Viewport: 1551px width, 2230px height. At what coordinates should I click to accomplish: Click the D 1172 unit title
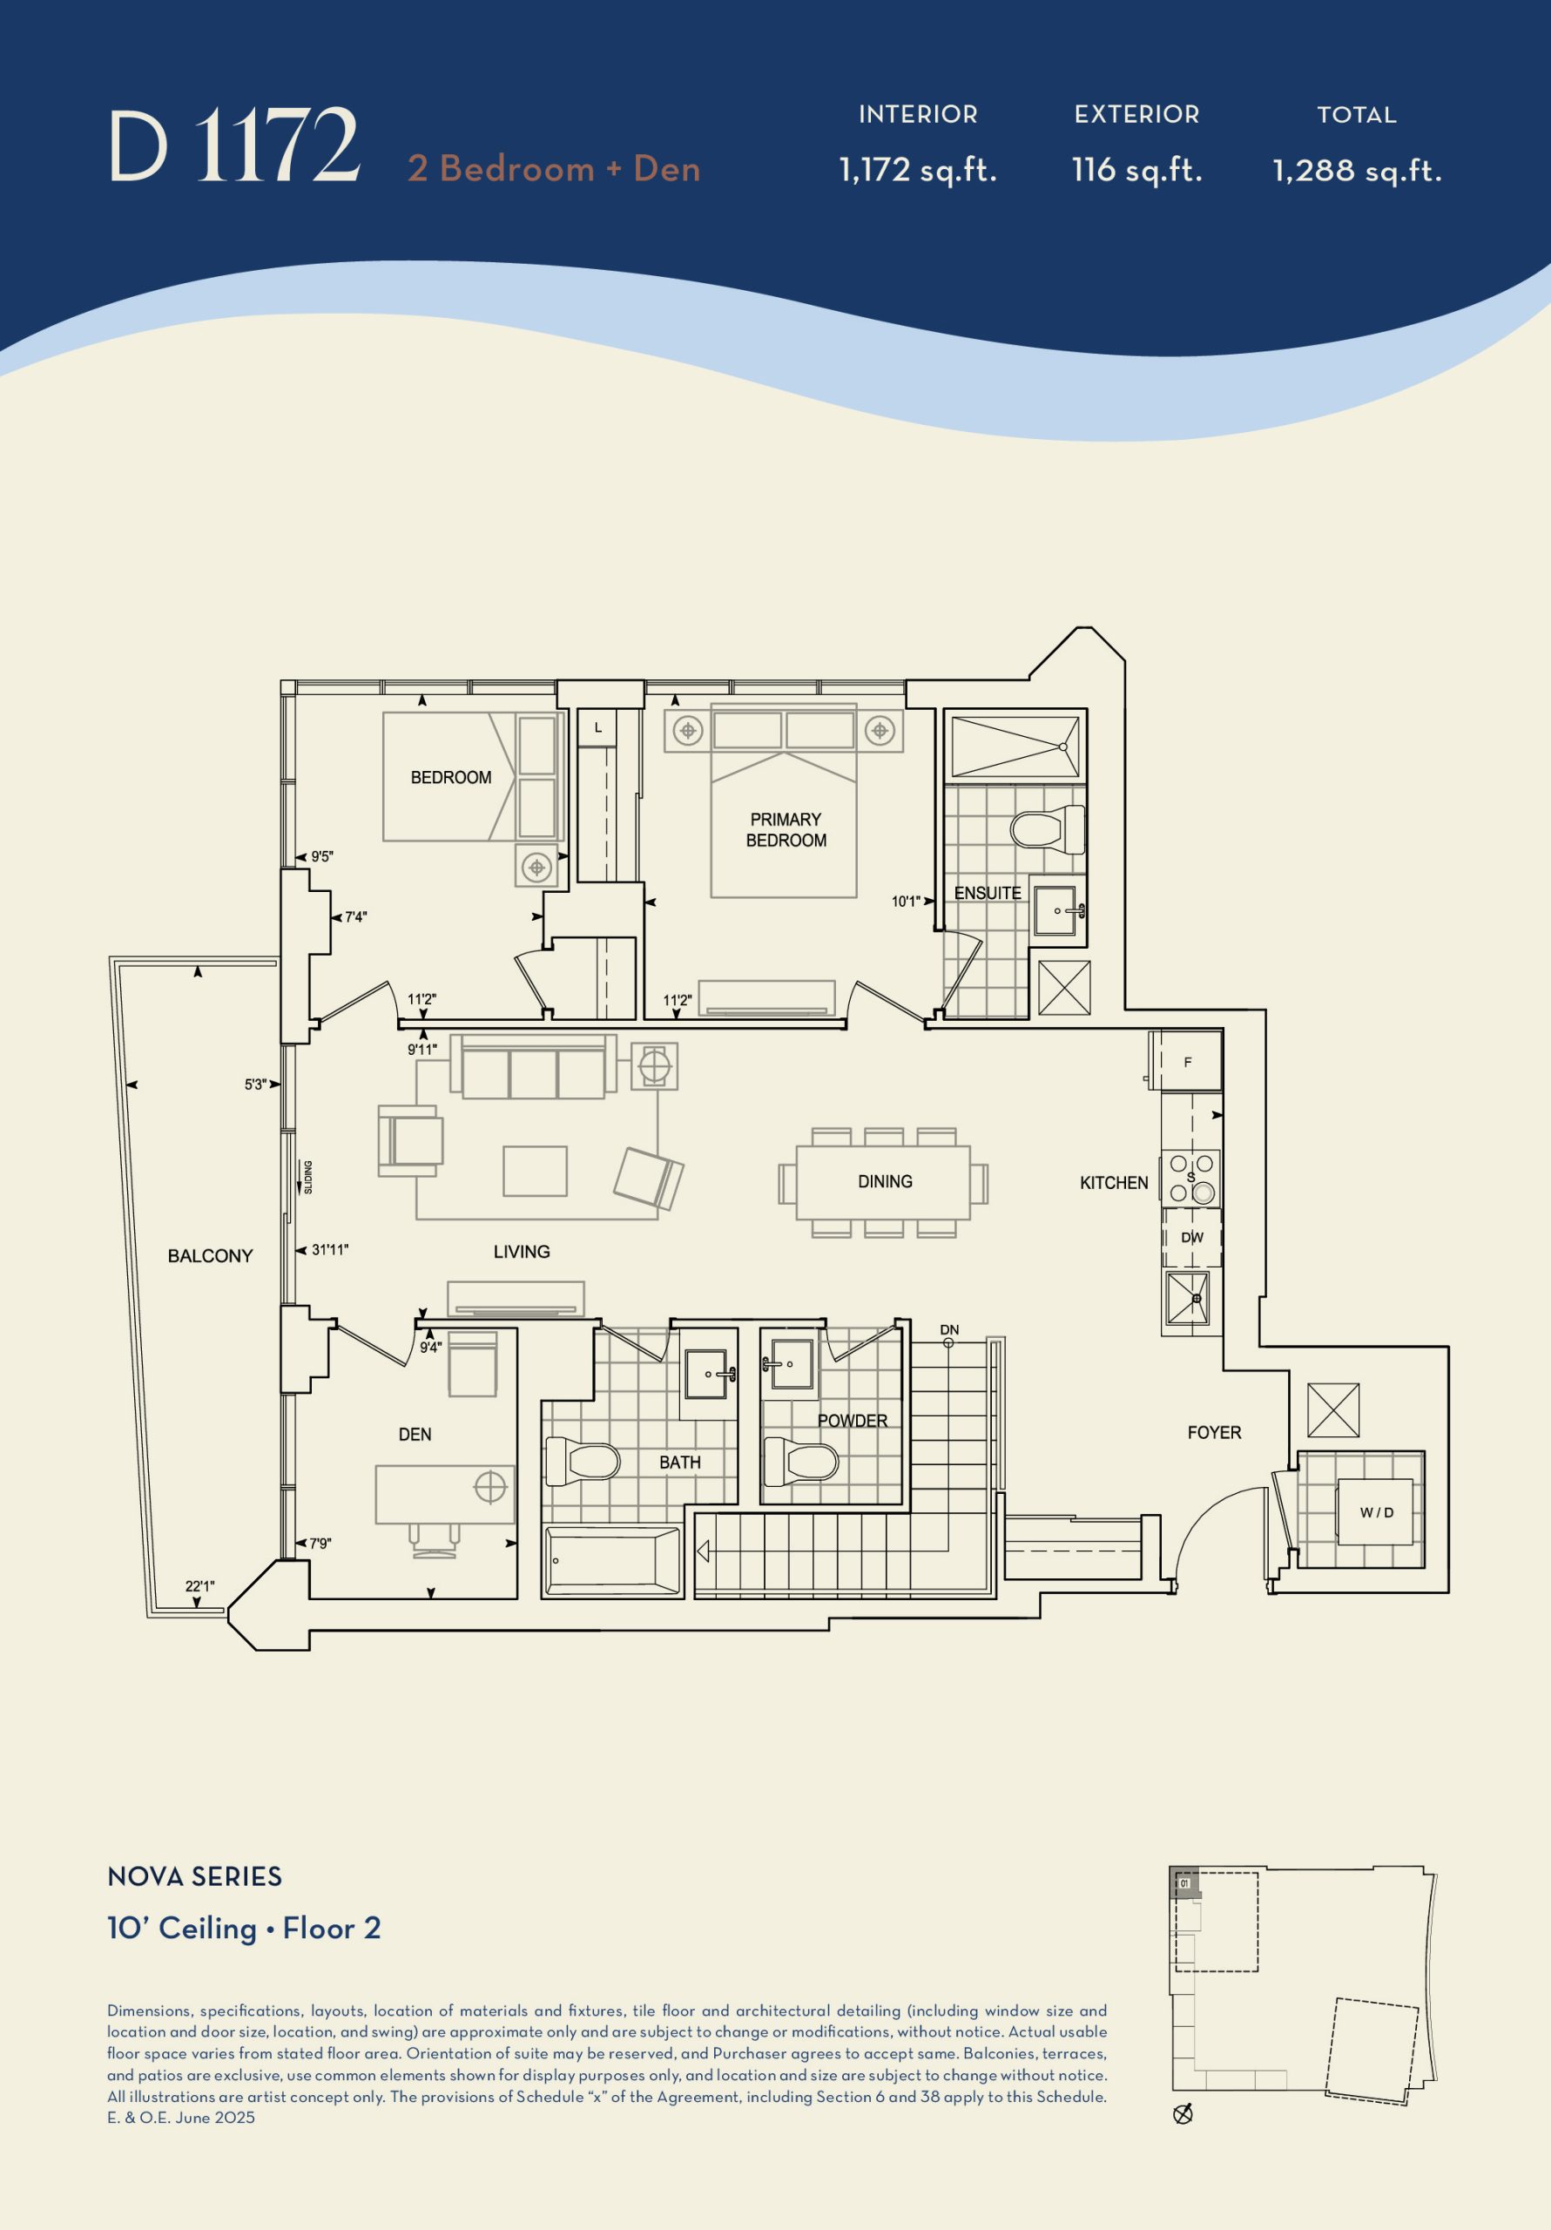click(234, 145)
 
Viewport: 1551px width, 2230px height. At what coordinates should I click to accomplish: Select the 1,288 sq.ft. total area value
click(1357, 171)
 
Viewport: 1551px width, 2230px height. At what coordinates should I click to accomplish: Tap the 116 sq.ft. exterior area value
click(1136, 171)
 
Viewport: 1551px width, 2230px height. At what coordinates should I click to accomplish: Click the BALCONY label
click(210, 1256)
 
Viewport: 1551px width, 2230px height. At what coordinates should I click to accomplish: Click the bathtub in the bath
click(614, 1562)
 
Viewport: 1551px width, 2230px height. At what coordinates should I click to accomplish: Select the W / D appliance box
click(1376, 1512)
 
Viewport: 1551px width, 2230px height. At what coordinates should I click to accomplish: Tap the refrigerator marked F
click(1186, 1062)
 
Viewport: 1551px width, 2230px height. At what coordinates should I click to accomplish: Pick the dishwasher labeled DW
click(1191, 1237)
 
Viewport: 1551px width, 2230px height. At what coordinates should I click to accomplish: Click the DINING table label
click(885, 1181)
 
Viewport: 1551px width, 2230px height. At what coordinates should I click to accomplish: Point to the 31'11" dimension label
click(330, 1250)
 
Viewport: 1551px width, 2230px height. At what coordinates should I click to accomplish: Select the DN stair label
click(949, 1329)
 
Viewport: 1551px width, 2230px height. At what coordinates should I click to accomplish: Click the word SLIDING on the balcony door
click(308, 1177)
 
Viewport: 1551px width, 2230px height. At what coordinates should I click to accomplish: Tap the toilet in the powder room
click(801, 1462)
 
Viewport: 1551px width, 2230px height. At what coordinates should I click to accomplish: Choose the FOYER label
click(1214, 1433)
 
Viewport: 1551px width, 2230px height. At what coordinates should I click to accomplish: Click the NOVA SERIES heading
click(194, 1876)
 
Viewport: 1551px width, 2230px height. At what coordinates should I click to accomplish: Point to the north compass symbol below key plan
click(1183, 2113)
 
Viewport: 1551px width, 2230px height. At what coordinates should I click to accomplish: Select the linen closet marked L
click(597, 727)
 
